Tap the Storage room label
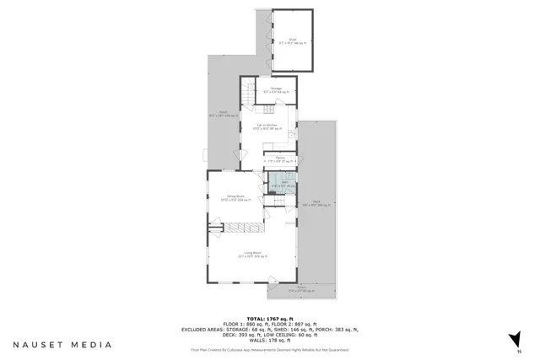tap(276, 89)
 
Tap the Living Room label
tap(251, 254)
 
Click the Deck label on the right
tap(316, 203)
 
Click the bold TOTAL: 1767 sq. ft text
tap(270, 317)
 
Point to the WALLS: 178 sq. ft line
tap(270, 340)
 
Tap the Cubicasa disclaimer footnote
tap(270, 350)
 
